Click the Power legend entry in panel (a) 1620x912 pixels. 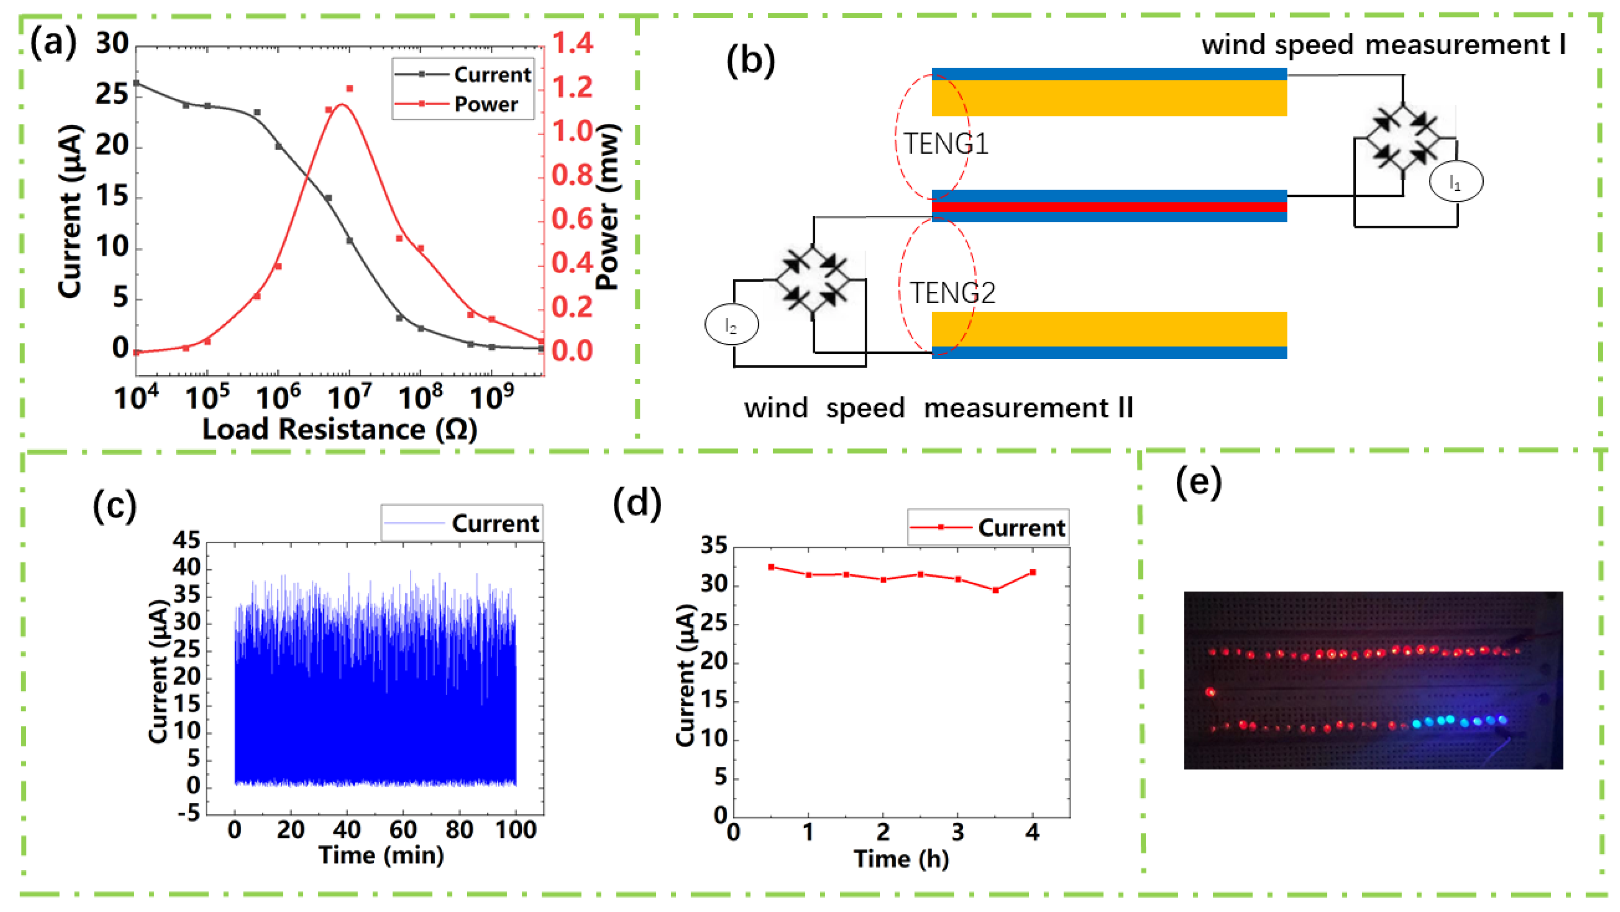[x=485, y=104]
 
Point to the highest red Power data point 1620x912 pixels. [x=349, y=89]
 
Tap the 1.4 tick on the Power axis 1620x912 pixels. [x=572, y=43]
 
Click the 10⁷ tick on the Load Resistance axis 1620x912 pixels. [x=349, y=397]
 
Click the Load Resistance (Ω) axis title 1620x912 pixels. [x=340, y=430]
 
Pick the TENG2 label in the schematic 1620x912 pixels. [x=952, y=293]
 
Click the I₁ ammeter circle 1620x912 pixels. [x=1456, y=182]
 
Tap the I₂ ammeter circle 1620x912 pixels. [x=731, y=325]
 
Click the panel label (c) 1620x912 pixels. [x=115, y=505]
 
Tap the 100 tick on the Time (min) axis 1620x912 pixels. [x=516, y=831]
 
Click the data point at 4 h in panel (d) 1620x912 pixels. [x=1032, y=572]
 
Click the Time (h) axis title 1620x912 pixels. [x=901, y=859]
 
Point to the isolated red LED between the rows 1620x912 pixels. [x=1210, y=693]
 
